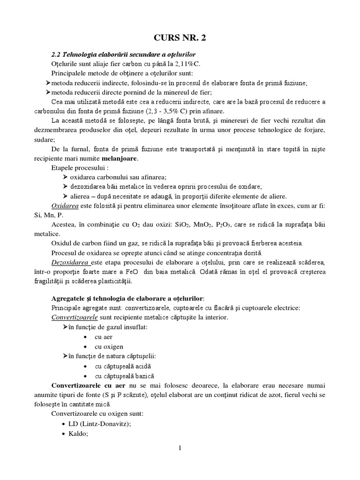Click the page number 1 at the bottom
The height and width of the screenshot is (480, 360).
pos(180,448)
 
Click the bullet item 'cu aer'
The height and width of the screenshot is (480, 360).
pos(104,337)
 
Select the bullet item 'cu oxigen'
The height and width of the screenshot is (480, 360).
pos(109,346)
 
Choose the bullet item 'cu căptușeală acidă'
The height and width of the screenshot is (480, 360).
pos(123,366)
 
